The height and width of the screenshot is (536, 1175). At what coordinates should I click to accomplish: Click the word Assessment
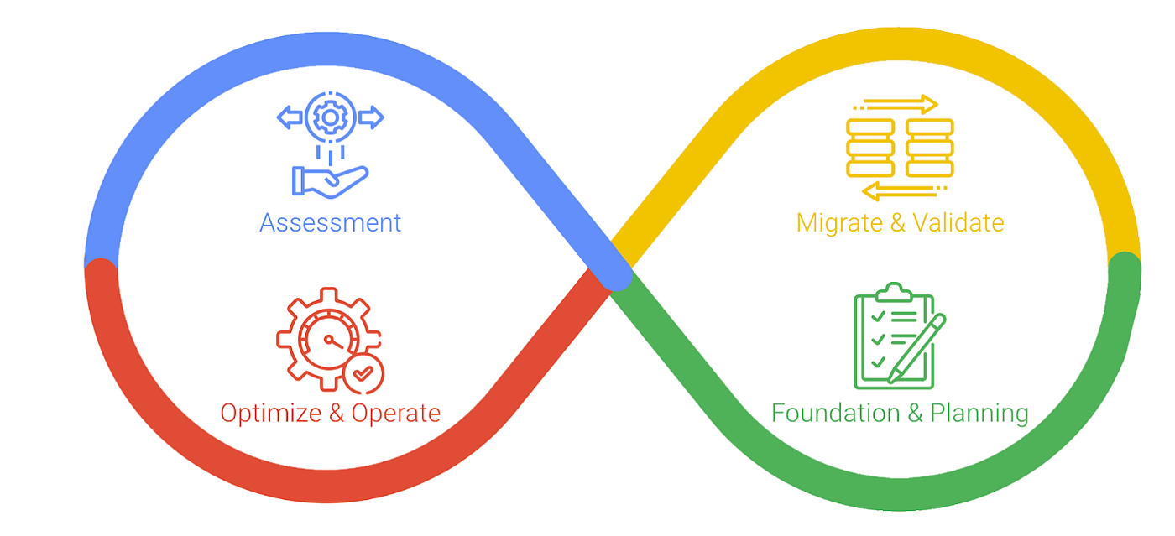[x=330, y=222]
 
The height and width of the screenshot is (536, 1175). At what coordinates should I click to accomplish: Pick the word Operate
[x=396, y=414]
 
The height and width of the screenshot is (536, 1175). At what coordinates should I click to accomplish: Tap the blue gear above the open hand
[x=330, y=118]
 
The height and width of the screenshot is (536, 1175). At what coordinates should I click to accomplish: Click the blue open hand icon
[x=329, y=179]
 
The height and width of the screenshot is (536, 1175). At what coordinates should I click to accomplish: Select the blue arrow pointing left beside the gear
[x=290, y=118]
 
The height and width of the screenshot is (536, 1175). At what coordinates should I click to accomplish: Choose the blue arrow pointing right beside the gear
[x=370, y=118]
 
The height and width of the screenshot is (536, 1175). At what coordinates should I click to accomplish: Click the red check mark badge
[x=363, y=373]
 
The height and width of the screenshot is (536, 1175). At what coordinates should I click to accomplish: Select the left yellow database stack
[x=870, y=148]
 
